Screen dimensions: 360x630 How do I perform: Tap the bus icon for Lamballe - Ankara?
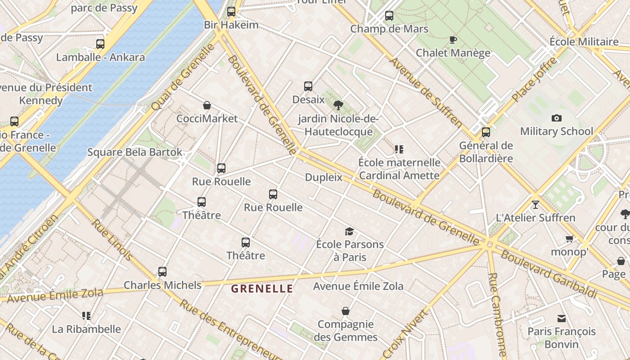click(x=100, y=44)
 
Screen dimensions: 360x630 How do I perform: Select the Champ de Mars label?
click(x=389, y=29)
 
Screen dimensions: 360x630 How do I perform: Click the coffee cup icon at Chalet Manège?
click(x=453, y=40)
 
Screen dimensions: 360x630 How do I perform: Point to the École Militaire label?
click(x=584, y=42)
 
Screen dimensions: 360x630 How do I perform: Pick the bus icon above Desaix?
click(x=308, y=86)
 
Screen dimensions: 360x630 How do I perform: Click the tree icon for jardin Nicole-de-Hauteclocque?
click(x=338, y=106)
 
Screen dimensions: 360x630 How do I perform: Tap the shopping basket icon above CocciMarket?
click(x=207, y=106)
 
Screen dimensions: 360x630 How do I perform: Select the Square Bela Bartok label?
click(x=135, y=152)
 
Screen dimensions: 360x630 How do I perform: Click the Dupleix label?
click(x=324, y=177)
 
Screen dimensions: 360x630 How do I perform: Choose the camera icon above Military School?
click(x=557, y=118)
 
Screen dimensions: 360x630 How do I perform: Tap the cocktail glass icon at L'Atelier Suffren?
click(x=535, y=205)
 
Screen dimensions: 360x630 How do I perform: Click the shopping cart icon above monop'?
click(x=570, y=239)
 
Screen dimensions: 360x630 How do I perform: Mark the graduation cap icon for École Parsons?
click(x=350, y=232)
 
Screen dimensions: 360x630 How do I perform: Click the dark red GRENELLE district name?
click(x=262, y=289)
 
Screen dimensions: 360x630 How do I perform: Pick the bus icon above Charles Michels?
click(x=162, y=272)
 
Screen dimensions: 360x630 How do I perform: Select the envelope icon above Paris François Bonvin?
click(x=561, y=319)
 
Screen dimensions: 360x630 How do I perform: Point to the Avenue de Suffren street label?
click(x=426, y=92)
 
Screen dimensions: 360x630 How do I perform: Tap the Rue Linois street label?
click(x=112, y=240)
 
